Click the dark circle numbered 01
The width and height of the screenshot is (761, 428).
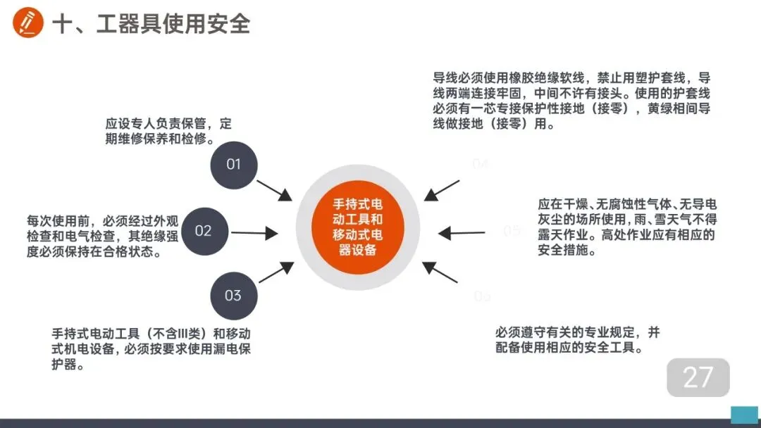tap(233, 165)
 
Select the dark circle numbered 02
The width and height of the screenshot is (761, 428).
tap(203, 231)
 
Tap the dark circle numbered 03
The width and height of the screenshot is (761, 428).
tap(233, 296)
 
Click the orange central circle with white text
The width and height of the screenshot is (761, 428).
tap(358, 227)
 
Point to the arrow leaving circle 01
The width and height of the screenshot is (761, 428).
tap(274, 190)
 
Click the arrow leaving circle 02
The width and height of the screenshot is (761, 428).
tap(254, 232)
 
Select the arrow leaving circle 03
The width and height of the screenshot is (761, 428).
tap(276, 272)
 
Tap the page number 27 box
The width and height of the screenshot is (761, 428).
tap(698, 377)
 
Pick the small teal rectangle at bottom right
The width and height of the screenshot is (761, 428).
tap(744, 414)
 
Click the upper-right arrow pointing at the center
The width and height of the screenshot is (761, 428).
tap(443, 190)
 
